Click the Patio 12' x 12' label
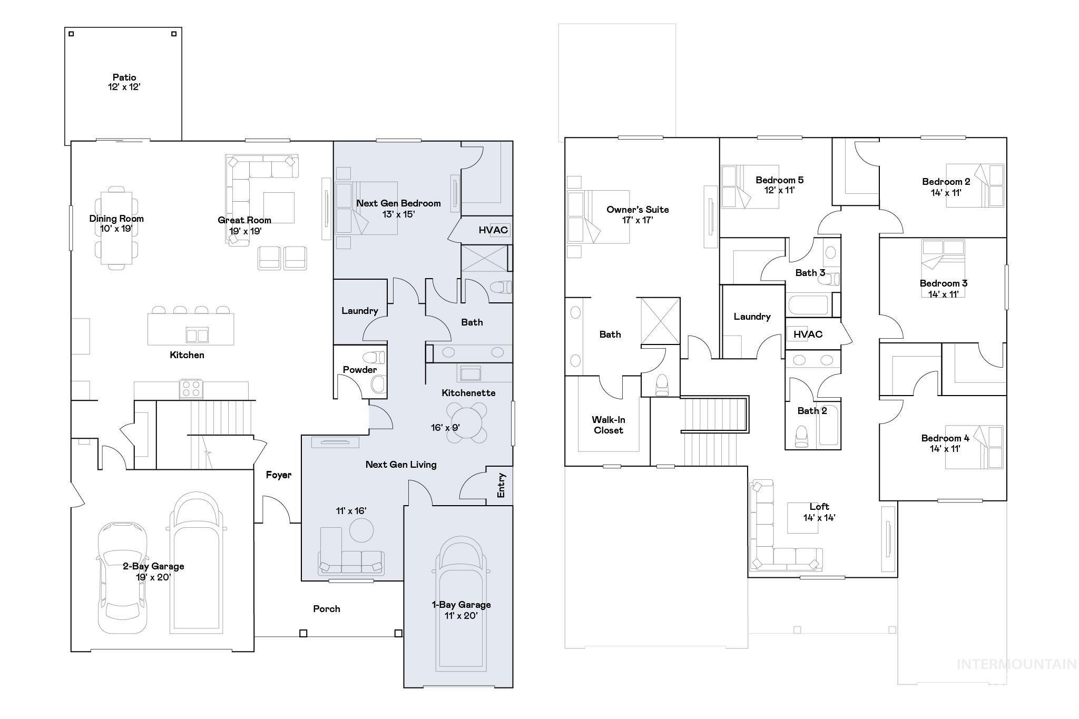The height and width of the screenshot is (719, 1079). click(124, 82)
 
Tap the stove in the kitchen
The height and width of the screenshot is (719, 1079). click(191, 389)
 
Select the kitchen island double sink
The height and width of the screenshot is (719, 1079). click(197, 335)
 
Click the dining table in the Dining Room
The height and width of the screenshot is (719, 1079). click(116, 228)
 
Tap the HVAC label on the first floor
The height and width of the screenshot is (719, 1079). click(493, 230)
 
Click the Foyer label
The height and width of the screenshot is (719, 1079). click(278, 475)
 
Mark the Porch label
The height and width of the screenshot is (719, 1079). click(326, 609)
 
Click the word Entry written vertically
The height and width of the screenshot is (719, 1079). click(501, 485)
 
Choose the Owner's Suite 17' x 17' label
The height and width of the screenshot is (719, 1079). click(637, 214)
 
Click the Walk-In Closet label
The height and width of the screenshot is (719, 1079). click(609, 425)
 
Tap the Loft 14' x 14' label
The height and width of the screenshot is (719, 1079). click(819, 512)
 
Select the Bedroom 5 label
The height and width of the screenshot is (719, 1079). click(779, 180)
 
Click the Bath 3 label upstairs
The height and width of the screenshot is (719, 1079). click(810, 273)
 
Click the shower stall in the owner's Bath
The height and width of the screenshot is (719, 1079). click(660, 321)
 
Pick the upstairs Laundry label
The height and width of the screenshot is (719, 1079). click(752, 317)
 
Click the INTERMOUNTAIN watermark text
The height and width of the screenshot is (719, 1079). click(1016, 664)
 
